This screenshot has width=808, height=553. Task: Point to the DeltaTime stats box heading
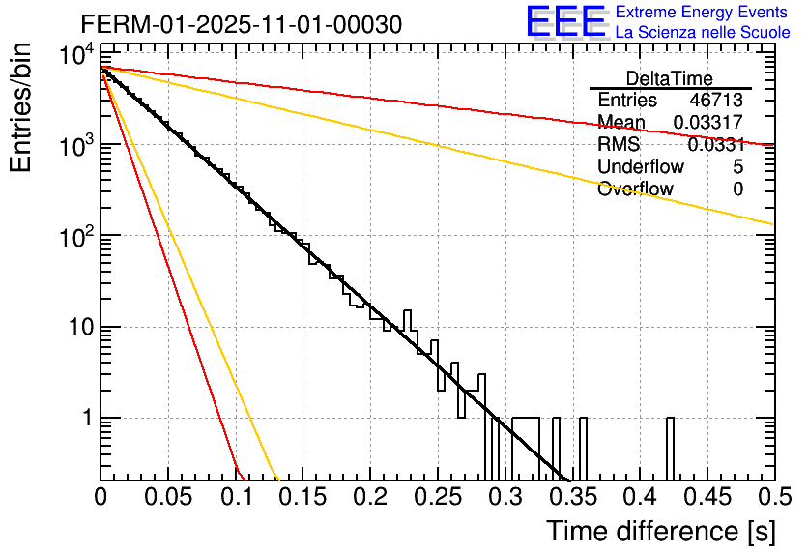(669, 78)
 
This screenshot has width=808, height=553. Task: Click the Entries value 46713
(716, 101)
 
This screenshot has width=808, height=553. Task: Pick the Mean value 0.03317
(708, 122)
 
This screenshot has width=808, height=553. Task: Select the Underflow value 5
(737, 166)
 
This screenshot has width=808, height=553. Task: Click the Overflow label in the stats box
(635, 189)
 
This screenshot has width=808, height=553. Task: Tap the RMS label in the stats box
(619, 145)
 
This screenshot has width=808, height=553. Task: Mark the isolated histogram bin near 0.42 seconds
(670, 449)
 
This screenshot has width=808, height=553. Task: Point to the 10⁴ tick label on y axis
(74, 56)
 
